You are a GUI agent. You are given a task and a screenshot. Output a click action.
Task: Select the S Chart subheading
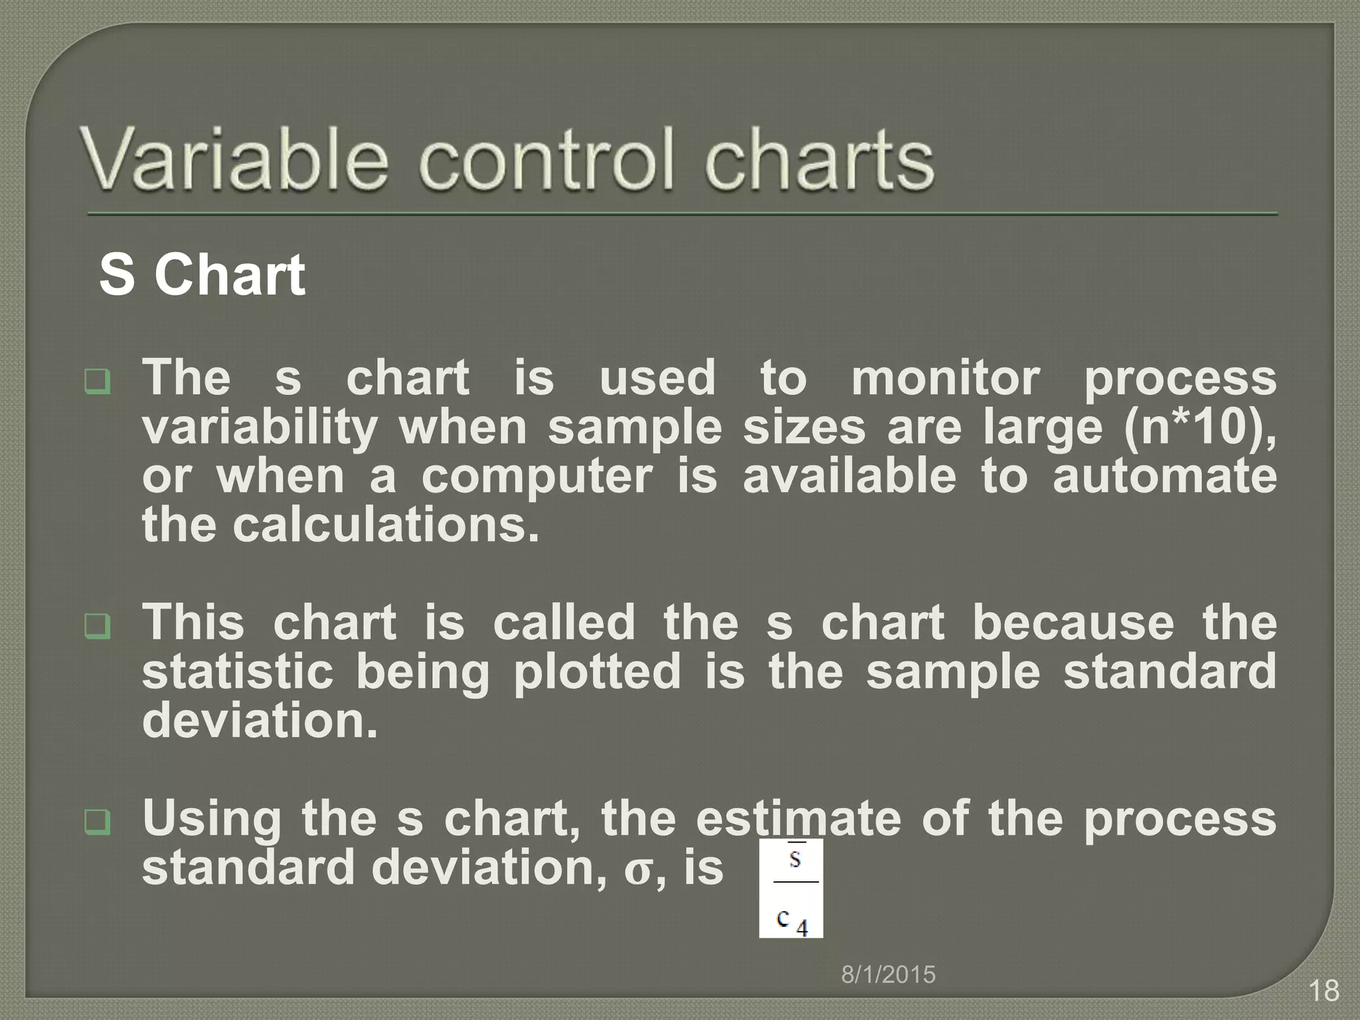pyautogui.click(x=202, y=274)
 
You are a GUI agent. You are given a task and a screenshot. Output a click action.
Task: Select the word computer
pyautogui.click(x=537, y=477)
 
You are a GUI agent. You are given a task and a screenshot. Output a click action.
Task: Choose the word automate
pyautogui.click(x=1164, y=477)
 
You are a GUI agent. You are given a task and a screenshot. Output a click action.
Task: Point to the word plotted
pyautogui.click(x=597, y=672)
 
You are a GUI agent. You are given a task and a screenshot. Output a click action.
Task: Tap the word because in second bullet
pyautogui.click(x=1072, y=623)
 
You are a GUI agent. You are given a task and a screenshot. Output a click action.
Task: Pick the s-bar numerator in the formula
pyautogui.click(x=795, y=859)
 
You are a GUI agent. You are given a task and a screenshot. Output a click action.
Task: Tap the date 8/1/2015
pyautogui.click(x=888, y=975)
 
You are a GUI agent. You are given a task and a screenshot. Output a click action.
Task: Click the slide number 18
pyautogui.click(x=1323, y=991)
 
